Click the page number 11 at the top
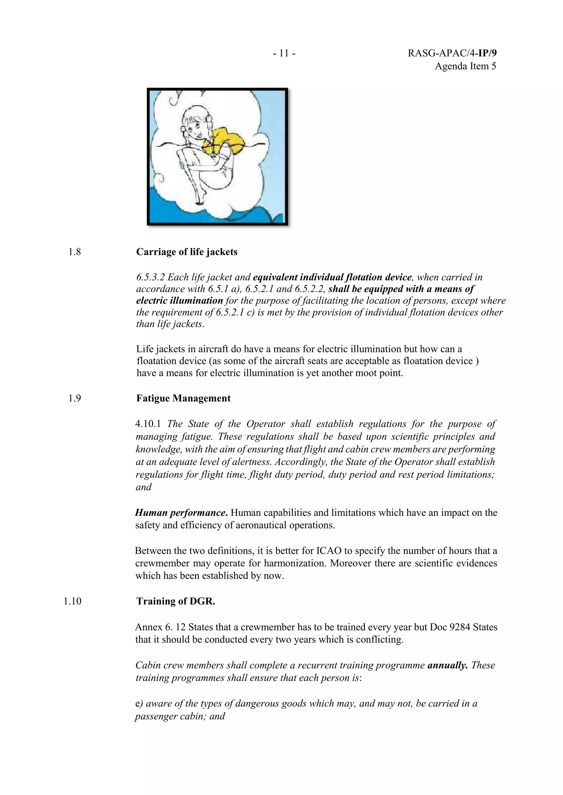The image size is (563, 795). coord(284,53)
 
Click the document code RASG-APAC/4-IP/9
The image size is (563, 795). coord(452,53)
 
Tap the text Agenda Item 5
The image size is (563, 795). coord(465,66)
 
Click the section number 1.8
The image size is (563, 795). coord(74,252)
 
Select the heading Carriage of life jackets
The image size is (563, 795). coord(186,252)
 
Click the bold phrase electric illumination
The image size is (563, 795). coord(179,301)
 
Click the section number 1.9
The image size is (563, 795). coord(74,399)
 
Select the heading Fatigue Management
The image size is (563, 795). coord(183,399)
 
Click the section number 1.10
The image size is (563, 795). coord(73,601)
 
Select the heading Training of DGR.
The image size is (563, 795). coord(175,601)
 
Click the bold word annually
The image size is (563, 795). coord(448,665)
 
